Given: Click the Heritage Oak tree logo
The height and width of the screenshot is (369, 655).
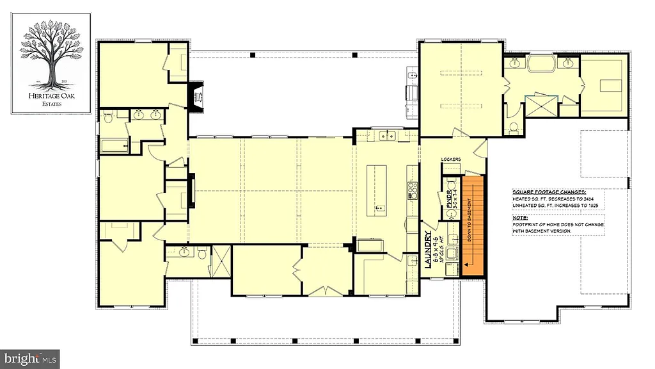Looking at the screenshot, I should pos(51,58).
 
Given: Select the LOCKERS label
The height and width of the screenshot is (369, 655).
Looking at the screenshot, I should pos(452,160).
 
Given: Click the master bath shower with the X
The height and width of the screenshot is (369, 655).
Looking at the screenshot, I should pos(538,106).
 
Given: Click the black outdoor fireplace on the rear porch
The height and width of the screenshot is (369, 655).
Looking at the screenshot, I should pos(194,97).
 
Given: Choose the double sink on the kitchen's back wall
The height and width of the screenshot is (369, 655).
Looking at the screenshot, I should pos(386,136).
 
